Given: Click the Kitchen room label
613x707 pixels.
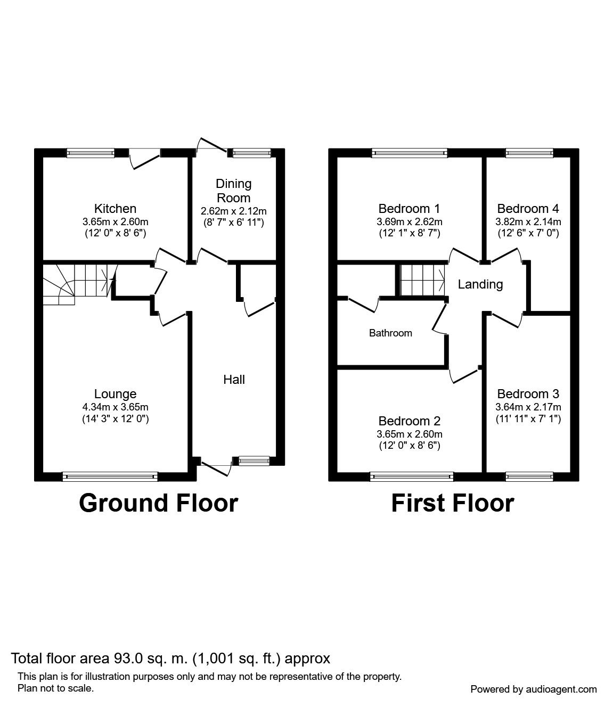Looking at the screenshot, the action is pyautogui.click(x=115, y=208).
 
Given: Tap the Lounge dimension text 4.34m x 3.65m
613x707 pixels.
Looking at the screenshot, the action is pyautogui.click(x=115, y=407).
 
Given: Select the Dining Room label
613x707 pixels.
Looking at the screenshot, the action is pyautogui.click(x=233, y=191).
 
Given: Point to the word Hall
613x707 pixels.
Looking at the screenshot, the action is pyautogui.click(x=234, y=380).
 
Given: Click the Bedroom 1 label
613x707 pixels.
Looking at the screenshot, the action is pyautogui.click(x=409, y=208).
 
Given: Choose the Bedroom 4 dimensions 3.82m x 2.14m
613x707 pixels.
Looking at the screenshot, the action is pyautogui.click(x=528, y=221).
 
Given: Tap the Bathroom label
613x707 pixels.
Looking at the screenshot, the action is pyautogui.click(x=390, y=333).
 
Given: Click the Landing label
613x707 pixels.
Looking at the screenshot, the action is pyautogui.click(x=480, y=284).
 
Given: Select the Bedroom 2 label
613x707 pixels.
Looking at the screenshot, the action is pyautogui.click(x=409, y=421).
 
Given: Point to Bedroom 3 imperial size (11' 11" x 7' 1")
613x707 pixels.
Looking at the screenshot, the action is pyautogui.click(x=528, y=418).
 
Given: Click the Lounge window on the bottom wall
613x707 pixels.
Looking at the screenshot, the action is pyautogui.click(x=110, y=476).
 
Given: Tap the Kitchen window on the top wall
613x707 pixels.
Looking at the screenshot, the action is pyautogui.click(x=91, y=153).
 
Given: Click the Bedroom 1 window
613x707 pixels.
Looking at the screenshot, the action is pyautogui.click(x=410, y=153).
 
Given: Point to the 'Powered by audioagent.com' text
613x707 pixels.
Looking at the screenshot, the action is pyautogui.click(x=534, y=689).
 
